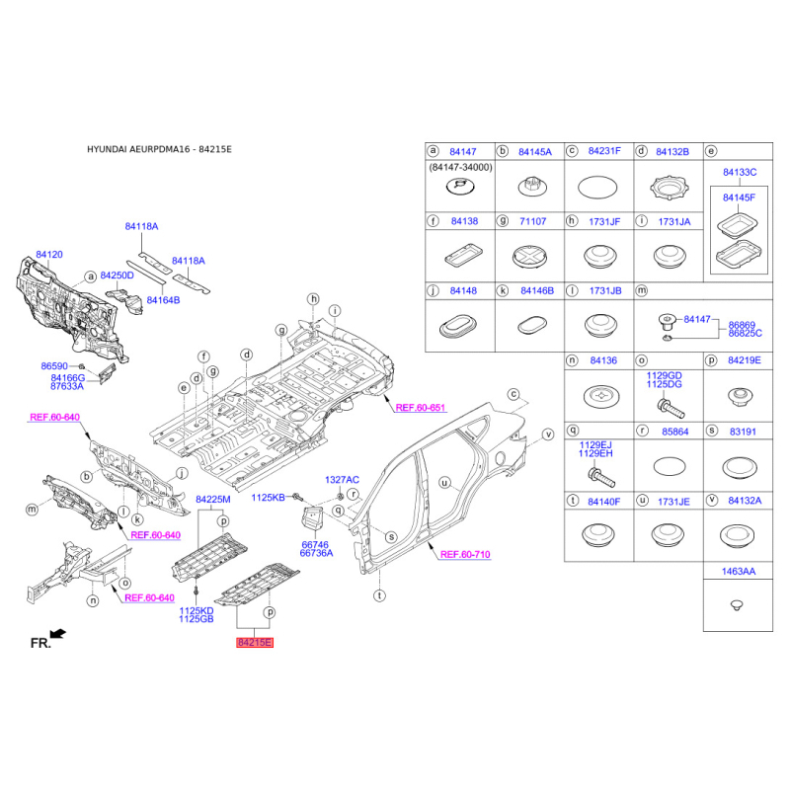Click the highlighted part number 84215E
point(254,643)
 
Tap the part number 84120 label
point(49,255)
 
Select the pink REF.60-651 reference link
point(421,408)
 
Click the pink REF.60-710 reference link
point(465,555)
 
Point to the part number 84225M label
point(212,500)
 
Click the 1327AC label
point(343,479)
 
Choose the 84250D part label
point(117,276)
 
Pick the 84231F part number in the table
point(604,151)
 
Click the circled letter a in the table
point(432,151)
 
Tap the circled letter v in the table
point(710,502)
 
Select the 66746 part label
point(315,543)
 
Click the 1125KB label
point(267,497)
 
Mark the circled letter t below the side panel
point(379,595)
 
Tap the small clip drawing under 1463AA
point(736,603)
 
